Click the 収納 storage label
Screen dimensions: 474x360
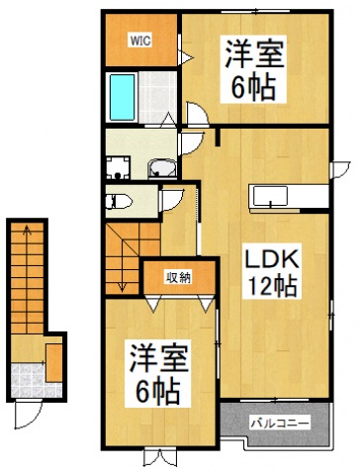tap(177, 277)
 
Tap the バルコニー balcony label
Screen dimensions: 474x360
tap(280, 423)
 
